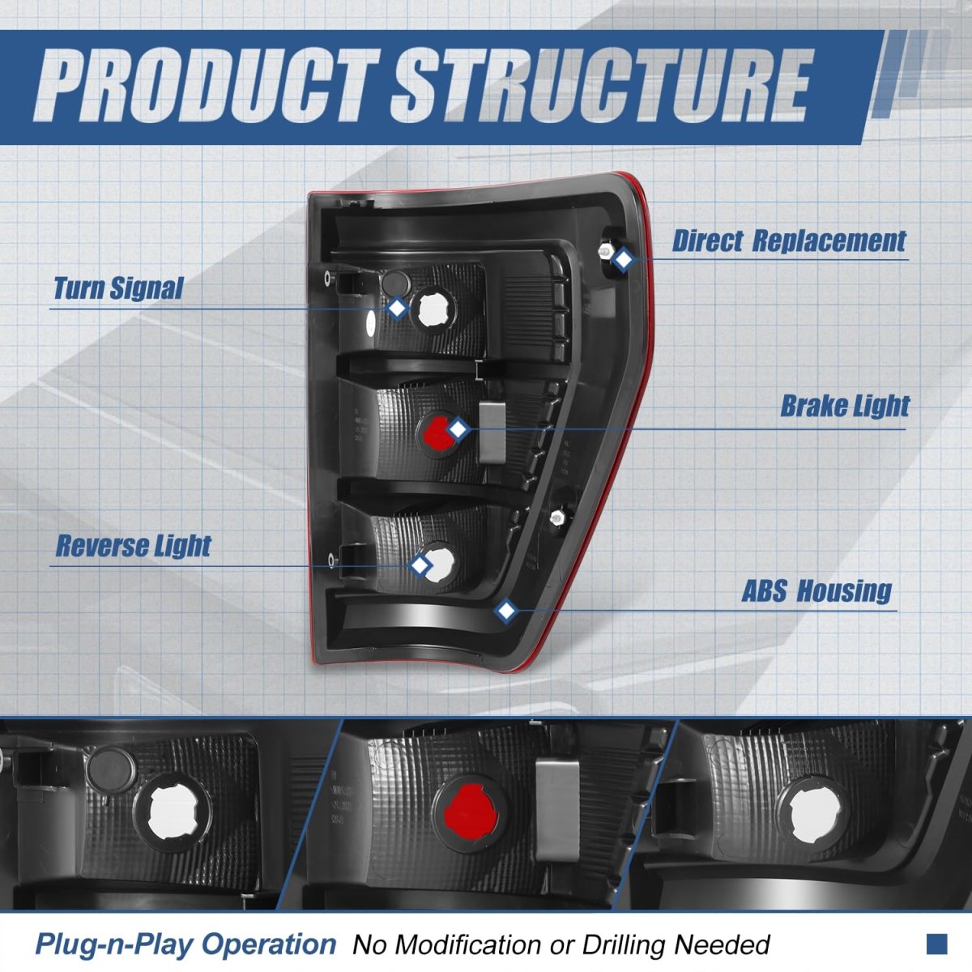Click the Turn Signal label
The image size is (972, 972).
click(118, 288)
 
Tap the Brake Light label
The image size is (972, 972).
click(845, 406)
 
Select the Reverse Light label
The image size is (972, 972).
click(133, 546)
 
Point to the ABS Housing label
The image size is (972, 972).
click(816, 591)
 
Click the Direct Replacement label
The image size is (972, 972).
click(789, 241)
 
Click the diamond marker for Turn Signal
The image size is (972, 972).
click(397, 308)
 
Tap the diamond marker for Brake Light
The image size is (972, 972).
click(458, 429)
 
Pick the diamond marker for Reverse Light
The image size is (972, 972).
click(420, 565)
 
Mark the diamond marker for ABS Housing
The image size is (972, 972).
click(506, 611)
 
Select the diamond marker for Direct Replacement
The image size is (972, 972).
click(622, 260)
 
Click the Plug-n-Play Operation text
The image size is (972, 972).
click(185, 944)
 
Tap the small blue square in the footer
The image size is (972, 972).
click(936, 943)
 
